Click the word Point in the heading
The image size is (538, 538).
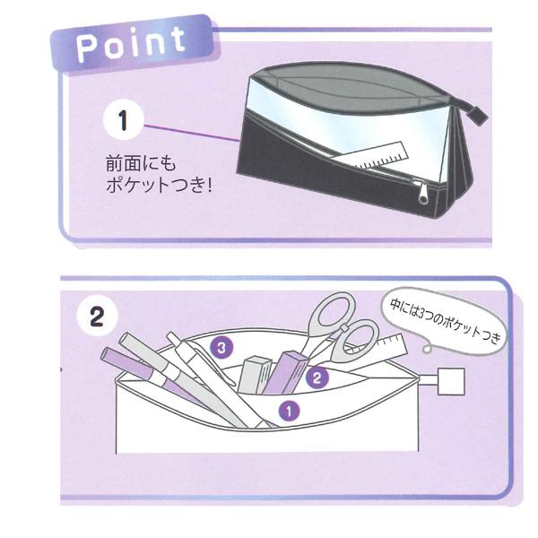(132, 41)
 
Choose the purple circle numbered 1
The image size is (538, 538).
(288, 411)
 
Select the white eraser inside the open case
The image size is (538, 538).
(257, 373)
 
